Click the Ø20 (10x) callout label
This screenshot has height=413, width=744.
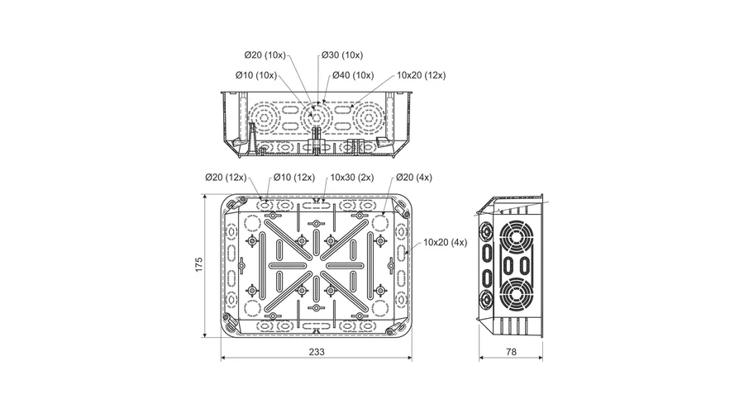point(265,55)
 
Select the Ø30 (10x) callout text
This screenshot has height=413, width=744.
point(342,55)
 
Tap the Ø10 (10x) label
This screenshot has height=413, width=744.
point(256,75)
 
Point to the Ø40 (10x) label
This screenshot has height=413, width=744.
point(353,75)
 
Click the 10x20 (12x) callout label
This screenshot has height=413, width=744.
point(422,75)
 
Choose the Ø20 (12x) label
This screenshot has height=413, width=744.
point(226,178)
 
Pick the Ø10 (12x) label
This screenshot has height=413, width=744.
point(294,178)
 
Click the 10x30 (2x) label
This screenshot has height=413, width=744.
point(352,178)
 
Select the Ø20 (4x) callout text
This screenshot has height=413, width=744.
point(414,178)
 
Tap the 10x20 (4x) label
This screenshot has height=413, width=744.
point(445,242)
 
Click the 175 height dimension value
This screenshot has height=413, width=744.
point(198,264)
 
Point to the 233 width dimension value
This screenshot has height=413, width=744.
point(317,352)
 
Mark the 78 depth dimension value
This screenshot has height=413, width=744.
point(511,352)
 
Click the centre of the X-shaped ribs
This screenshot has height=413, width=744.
point(317,265)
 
